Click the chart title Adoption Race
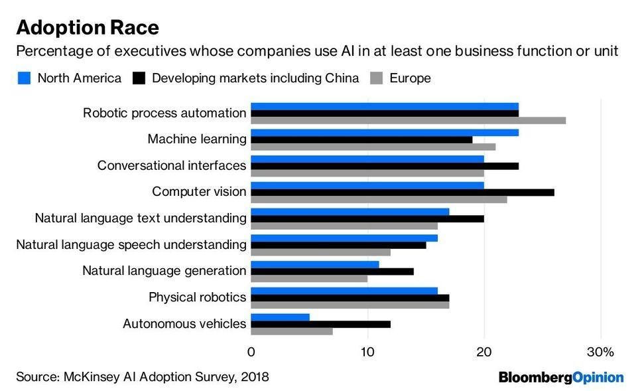coord(87,27)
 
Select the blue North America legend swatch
coord(24,78)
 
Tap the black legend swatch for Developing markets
coord(139,78)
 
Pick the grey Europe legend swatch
coord(376,78)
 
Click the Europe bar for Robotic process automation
coord(408,120)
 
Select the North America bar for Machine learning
coord(385,132)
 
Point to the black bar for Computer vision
coord(403,192)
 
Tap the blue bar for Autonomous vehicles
coord(281,317)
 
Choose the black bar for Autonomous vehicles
coord(321,324)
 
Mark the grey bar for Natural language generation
coord(309,279)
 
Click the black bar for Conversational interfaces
coord(385,166)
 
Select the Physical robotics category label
coord(197,297)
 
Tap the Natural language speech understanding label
coord(131,245)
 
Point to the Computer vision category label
coord(199,192)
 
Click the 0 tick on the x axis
coord(251,351)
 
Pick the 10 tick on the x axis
coord(367,351)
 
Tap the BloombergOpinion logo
coord(561,377)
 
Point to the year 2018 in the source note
coord(255,377)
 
